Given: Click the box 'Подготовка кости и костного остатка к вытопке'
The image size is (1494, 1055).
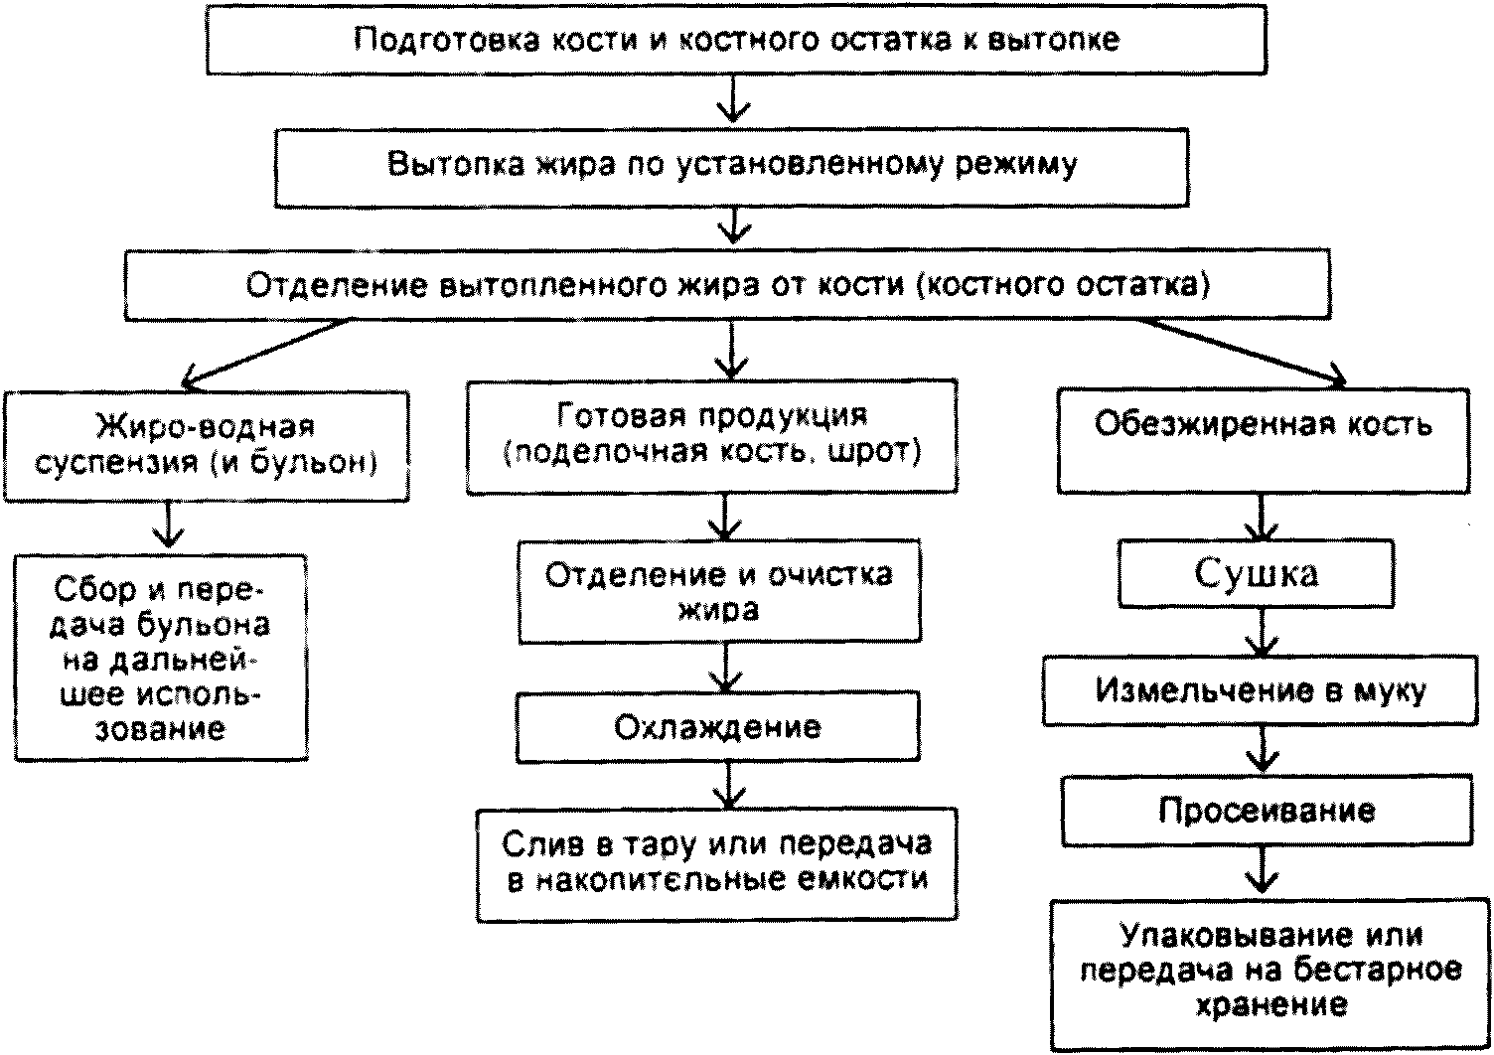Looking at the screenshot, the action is tap(736, 40).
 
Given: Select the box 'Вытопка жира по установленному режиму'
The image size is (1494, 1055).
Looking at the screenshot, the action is tap(732, 167).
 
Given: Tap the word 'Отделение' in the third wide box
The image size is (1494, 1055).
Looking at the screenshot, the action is tap(336, 285).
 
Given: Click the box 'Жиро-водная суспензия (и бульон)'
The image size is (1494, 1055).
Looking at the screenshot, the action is tap(206, 446).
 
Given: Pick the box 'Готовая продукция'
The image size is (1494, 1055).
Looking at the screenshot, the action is tap(711, 437).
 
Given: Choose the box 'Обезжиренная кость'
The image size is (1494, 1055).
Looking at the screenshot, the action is tap(1264, 441).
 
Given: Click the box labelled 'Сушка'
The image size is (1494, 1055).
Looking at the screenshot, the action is tap(1256, 573).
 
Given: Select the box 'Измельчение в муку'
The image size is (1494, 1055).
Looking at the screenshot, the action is tap(1260, 690).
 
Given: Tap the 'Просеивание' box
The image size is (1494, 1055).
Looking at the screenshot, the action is tap(1267, 811).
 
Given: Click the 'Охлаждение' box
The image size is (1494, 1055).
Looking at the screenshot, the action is tap(717, 727).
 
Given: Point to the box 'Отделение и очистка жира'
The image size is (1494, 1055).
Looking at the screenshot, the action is tap(719, 591).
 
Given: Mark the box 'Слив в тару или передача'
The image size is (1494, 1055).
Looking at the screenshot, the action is tap(717, 865).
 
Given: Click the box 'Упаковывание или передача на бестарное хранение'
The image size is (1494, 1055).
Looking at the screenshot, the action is tap(1270, 976).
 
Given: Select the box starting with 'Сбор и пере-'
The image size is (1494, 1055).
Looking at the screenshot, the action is tap(161, 658).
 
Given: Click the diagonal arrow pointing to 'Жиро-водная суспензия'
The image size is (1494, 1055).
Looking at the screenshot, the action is tap(265, 354).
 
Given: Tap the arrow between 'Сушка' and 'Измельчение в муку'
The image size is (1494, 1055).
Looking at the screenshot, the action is tap(1262, 632).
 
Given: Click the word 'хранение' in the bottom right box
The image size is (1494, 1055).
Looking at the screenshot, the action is tap(1270, 1005).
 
